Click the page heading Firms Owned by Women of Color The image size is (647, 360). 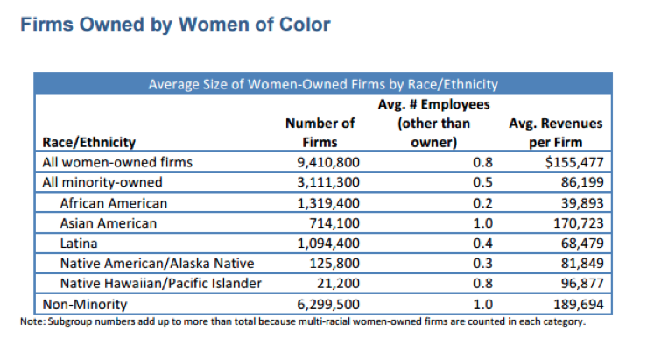coord(174,25)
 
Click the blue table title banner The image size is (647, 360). coord(323,85)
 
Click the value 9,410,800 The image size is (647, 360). coord(323,162)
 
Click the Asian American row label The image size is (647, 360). coord(109,223)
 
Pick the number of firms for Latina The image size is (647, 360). coord(323,244)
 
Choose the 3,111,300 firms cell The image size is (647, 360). coord(323,182)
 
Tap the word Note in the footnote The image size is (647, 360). coord(31,321)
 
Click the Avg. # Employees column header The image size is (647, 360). coord(433,123)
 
